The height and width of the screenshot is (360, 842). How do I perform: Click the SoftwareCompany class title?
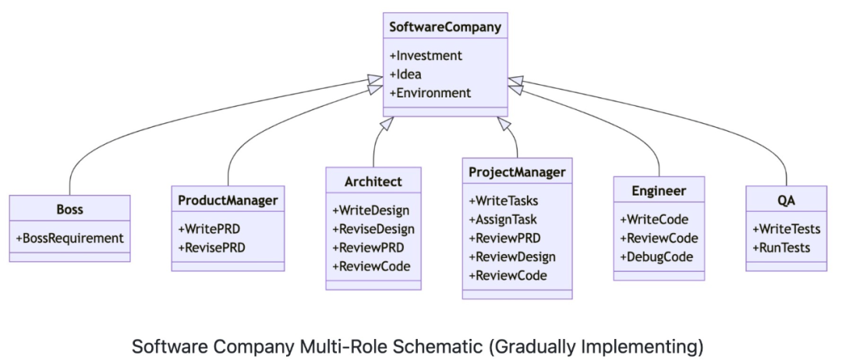445,28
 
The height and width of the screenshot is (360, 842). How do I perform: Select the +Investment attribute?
426,56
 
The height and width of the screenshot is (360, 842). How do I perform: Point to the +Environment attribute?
430,93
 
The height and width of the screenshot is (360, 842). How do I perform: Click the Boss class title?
69,210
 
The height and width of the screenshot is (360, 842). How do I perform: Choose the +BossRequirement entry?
69,237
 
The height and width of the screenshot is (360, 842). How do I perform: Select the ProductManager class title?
228,200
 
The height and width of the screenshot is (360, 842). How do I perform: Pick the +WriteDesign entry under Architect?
370,210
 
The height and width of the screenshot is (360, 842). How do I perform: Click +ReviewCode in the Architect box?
371,266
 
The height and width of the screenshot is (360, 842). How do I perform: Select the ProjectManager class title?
517,172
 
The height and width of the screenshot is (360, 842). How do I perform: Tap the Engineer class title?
659,191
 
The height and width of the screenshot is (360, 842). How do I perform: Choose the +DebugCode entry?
656,257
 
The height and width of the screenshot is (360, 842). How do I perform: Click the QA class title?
786,200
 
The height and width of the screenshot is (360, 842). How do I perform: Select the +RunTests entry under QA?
780,248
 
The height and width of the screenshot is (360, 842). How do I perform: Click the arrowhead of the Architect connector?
390,123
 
